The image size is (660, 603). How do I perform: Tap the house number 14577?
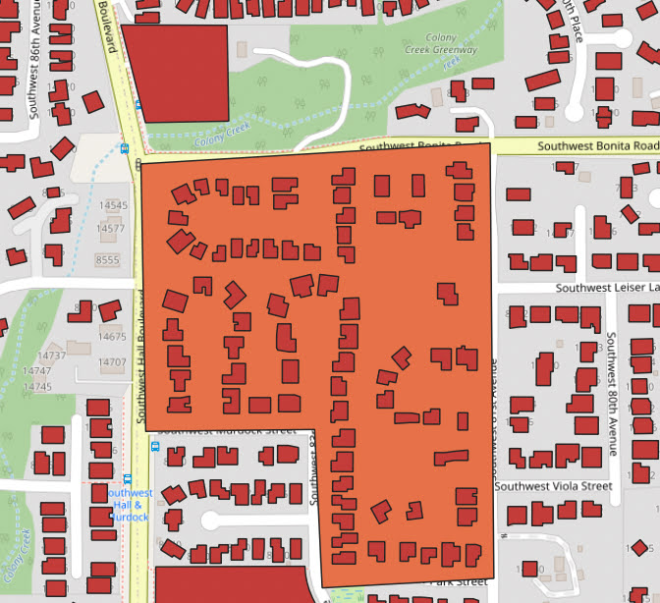[111, 229]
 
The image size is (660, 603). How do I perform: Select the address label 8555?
[107, 259]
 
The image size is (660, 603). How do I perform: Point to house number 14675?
[112, 337]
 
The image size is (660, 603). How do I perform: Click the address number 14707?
[112, 362]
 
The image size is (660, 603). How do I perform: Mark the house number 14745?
[37, 387]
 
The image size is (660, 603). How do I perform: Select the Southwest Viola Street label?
[553, 486]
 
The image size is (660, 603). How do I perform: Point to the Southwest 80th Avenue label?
[610, 393]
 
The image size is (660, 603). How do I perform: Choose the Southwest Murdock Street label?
[226, 430]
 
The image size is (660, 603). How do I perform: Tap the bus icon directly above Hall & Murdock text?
[154, 445]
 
